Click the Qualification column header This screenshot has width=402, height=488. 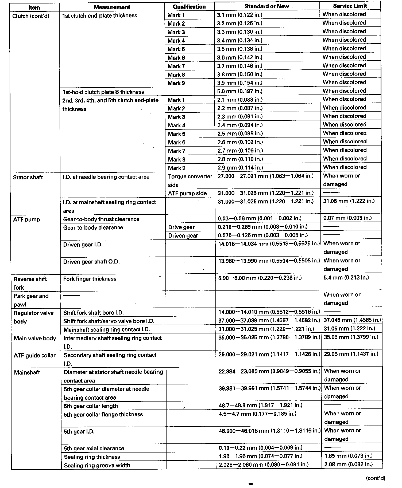tap(189, 7)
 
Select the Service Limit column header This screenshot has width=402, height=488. tap(350, 6)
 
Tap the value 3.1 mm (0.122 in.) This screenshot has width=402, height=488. tap(239, 15)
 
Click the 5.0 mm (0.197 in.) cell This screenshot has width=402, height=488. tap(240, 91)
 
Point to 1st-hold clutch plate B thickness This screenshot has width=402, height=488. tap(103, 92)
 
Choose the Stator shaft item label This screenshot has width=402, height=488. tap(28, 177)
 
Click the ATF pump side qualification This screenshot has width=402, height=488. tap(187, 193)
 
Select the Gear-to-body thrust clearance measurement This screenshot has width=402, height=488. tap(101, 219)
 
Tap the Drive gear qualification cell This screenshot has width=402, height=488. tap(181, 227)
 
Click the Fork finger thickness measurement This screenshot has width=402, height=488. tap(90, 279)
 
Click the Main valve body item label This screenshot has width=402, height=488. tap(35, 339)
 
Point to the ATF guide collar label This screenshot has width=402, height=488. tap(34, 355)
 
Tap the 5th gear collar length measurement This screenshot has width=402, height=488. tap(91, 406)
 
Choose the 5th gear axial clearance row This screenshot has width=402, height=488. tap(94, 448)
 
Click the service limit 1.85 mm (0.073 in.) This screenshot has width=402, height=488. tap(348, 456)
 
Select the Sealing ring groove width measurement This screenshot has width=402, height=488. tap(97, 465)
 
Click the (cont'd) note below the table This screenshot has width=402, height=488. tap(375, 478)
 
